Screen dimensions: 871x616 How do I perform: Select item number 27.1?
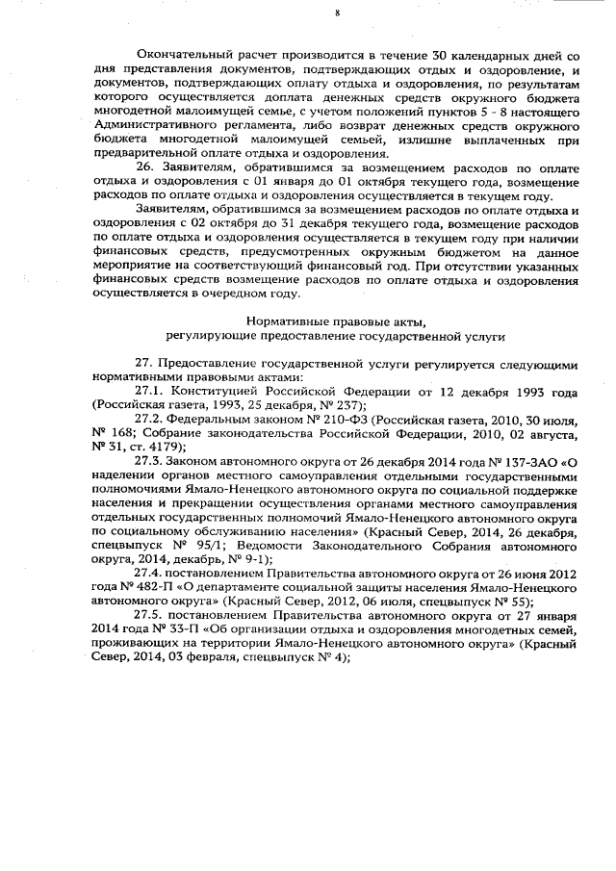pos(151,392)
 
